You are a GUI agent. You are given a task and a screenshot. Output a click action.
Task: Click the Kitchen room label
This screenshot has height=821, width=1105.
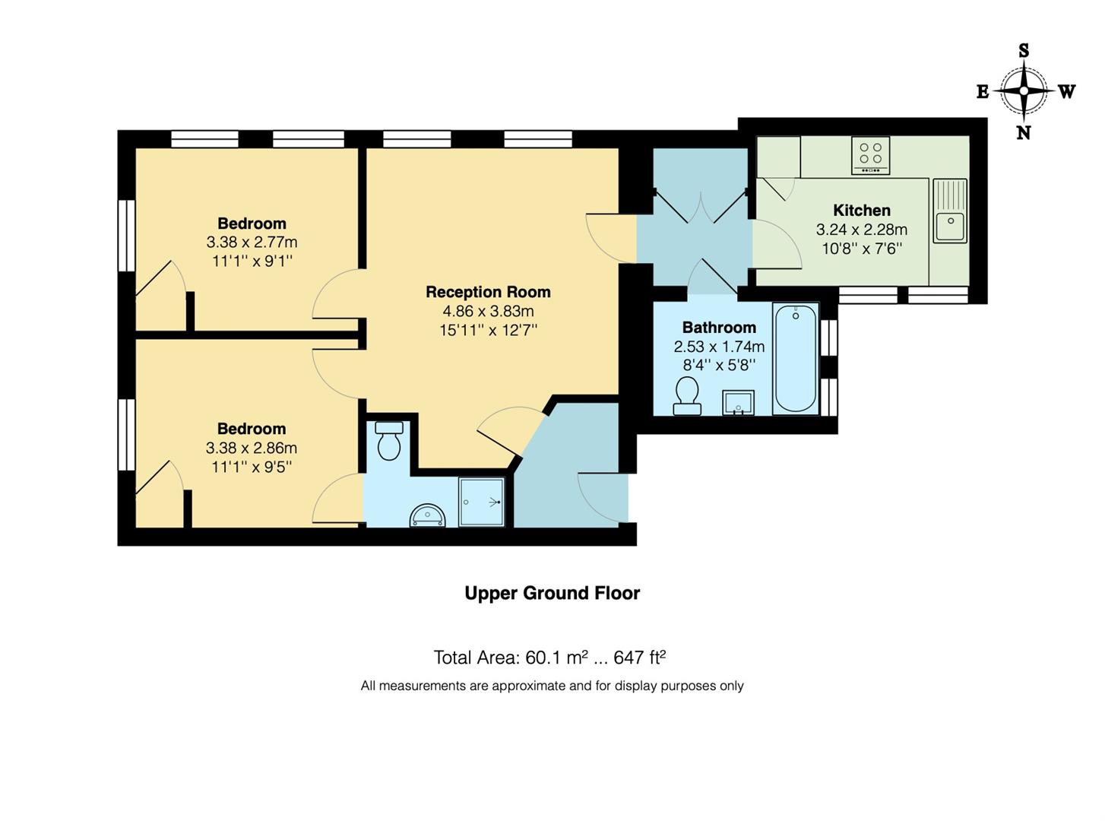point(861,211)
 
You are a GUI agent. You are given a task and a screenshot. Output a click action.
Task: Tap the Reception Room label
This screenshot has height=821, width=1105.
point(488,292)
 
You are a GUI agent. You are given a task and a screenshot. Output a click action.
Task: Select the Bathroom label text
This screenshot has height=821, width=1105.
point(719,328)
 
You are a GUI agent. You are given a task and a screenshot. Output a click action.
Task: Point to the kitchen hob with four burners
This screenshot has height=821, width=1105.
point(870,155)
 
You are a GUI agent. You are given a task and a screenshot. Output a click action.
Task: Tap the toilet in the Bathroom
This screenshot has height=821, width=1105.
point(687,398)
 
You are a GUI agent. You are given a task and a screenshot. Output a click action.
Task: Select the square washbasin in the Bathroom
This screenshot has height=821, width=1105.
point(738,403)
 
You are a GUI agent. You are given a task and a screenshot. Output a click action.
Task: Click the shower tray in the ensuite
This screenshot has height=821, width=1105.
point(482,502)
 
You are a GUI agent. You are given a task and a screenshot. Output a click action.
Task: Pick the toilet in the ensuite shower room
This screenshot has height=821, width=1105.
point(389,442)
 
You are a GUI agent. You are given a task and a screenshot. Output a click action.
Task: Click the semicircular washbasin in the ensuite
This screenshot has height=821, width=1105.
point(427,517)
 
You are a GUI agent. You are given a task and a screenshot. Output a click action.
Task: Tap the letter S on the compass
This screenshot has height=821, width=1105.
point(1024,52)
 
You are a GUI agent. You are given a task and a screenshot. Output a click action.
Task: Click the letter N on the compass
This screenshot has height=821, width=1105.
point(1024,133)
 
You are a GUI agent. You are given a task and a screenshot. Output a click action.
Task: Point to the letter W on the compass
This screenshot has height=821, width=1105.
point(1067,92)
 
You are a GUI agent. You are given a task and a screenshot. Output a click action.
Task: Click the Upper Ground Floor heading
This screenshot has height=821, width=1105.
point(552,593)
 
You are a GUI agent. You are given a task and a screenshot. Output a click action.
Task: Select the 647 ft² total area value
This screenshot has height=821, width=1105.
point(639,658)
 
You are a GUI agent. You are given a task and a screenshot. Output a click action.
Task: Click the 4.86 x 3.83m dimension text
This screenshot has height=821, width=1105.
point(488,311)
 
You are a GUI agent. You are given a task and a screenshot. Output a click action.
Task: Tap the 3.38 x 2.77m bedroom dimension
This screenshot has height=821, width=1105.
point(252,242)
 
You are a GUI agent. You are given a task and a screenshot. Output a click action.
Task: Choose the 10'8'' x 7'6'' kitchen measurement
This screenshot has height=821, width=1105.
point(861,249)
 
